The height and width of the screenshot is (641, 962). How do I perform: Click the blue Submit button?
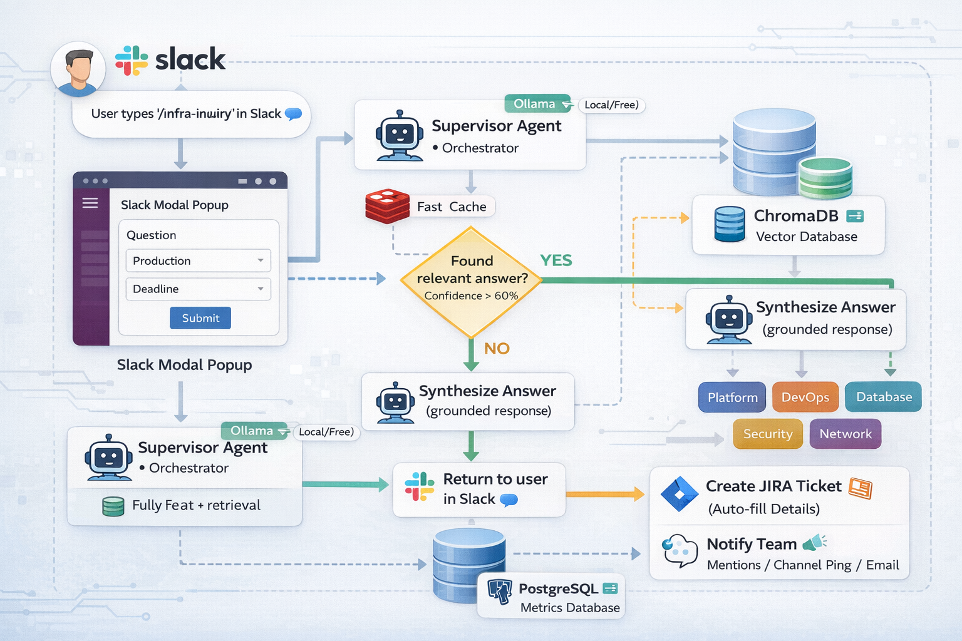pyautogui.click(x=200, y=318)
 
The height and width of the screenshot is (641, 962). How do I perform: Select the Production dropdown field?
pyautogui.click(x=198, y=260)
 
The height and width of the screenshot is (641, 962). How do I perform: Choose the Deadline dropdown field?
pyautogui.click(x=198, y=289)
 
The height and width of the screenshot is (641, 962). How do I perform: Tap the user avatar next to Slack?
pyautogui.click(x=78, y=69)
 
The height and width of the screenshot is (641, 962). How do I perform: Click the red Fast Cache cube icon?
pyautogui.click(x=387, y=206)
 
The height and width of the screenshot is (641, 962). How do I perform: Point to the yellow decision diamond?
pyautogui.click(x=471, y=282)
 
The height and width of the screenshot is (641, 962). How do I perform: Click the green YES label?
pyautogui.click(x=556, y=260)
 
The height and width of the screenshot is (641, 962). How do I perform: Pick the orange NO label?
pyautogui.click(x=497, y=348)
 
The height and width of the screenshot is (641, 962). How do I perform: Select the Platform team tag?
pyautogui.click(x=732, y=397)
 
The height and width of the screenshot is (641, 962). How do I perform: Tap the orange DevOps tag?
pyautogui.click(x=805, y=397)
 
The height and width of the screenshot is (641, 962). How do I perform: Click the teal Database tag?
pyautogui.click(x=883, y=397)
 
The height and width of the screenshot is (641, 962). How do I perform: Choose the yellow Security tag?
pyautogui.click(x=767, y=434)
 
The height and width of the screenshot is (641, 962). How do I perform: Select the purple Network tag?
pyautogui.click(x=845, y=434)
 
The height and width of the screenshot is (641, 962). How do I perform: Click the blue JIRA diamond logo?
pyautogui.click(x=680, y=494)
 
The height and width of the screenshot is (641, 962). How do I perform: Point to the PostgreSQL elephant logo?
pyautogui.click(x=500, y=591)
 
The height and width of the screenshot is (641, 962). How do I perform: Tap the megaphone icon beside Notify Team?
pyautogui.click(x=814, y=542)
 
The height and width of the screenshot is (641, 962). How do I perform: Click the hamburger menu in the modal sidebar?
pyautogui.click(x=90, y=203)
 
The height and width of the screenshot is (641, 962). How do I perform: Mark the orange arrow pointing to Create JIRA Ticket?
pyautogui.click(x=605, y=495)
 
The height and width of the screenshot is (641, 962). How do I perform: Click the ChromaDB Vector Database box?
pyautogui.click(x=788, y=225)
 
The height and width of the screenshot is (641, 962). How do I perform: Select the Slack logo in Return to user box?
pyautogui.click(x=419, y=487)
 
